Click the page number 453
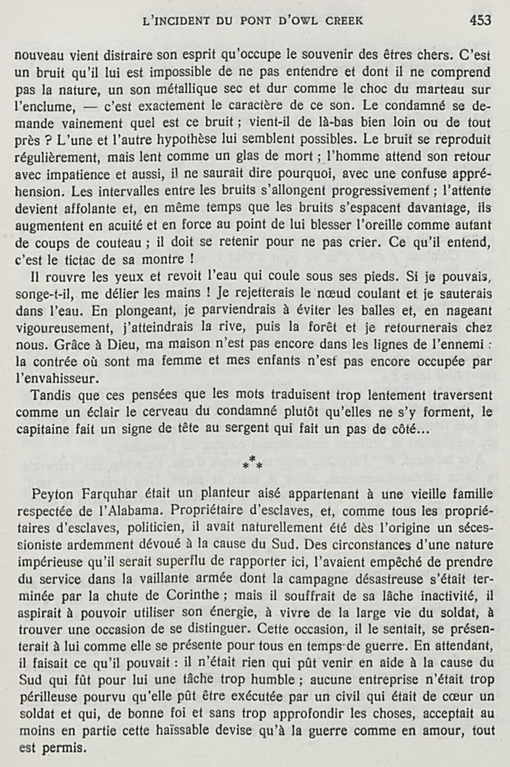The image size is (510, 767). (480, 21)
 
